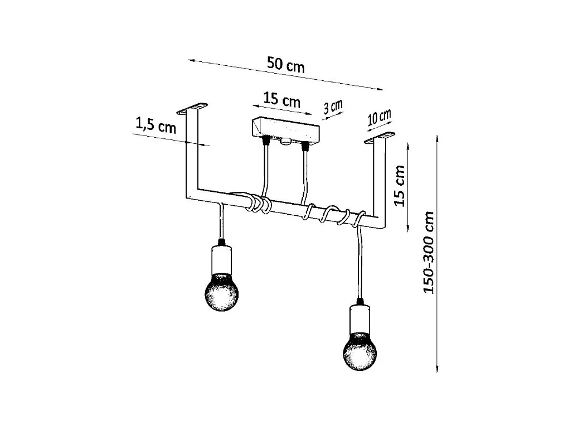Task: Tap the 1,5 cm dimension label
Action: (156, 126)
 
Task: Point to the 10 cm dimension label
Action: (379, 118)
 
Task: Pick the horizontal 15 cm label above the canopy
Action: (281, 100)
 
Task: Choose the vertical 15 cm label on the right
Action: (400, 186)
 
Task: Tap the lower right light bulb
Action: (359, 351)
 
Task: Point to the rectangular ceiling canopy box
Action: (284, 130)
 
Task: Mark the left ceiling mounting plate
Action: (192, 106)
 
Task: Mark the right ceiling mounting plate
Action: (380, 137)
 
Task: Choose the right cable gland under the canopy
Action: (305, 146)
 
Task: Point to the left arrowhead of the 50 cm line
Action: (191, 59)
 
